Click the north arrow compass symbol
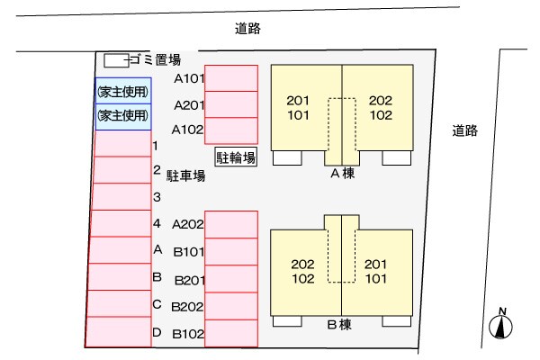click(500, 324)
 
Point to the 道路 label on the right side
click(465, 130)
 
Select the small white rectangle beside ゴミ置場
click(115, 60)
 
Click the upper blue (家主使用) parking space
click(122, 91)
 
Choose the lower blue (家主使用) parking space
click(122, 115)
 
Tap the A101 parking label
click(189, 78)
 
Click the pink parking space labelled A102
click(231, 130)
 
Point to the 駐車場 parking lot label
click(185, 176)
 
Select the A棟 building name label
click(342, 174)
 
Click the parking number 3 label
click(157, 196)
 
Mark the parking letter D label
click(157, 332)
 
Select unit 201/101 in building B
click(376, 271)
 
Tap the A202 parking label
click(189, 224)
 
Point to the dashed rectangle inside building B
click(342, 252)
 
